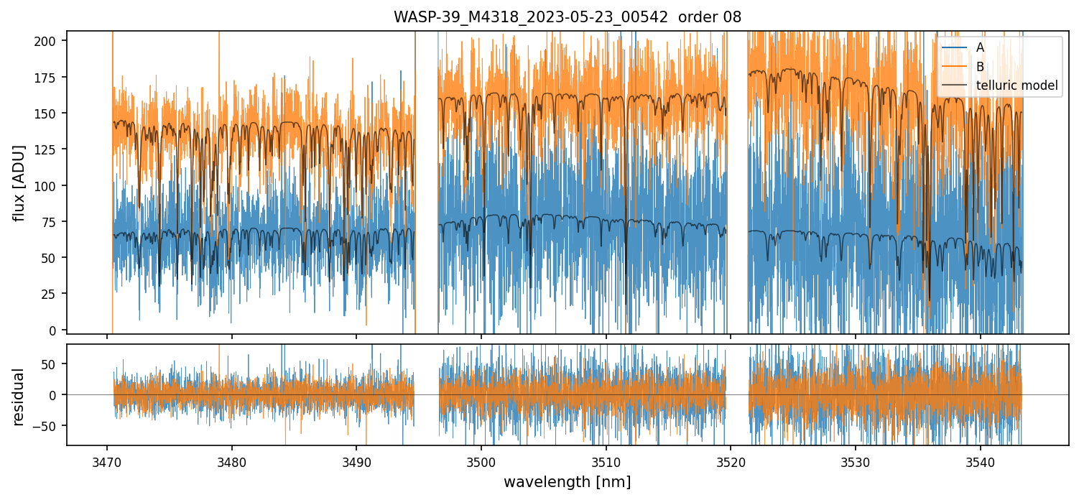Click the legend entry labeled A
pyautogui.click(x=980, y=47)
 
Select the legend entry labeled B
pyautogui.click(x=980, y=67)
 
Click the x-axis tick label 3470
pyautogui.click(x=107, y=460)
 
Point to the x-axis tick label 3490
pyautogui.click(x=356, y=460)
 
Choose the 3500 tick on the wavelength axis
pyautogui.click(x=481, y=460)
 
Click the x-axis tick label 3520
pyautogui.click(x=731, y=460)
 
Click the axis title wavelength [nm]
pyautogui.click(x=567, y=481)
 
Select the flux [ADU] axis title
pyautogui.click(x=19, y=182)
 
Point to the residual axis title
pyautogui.click(x=19, y=397)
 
